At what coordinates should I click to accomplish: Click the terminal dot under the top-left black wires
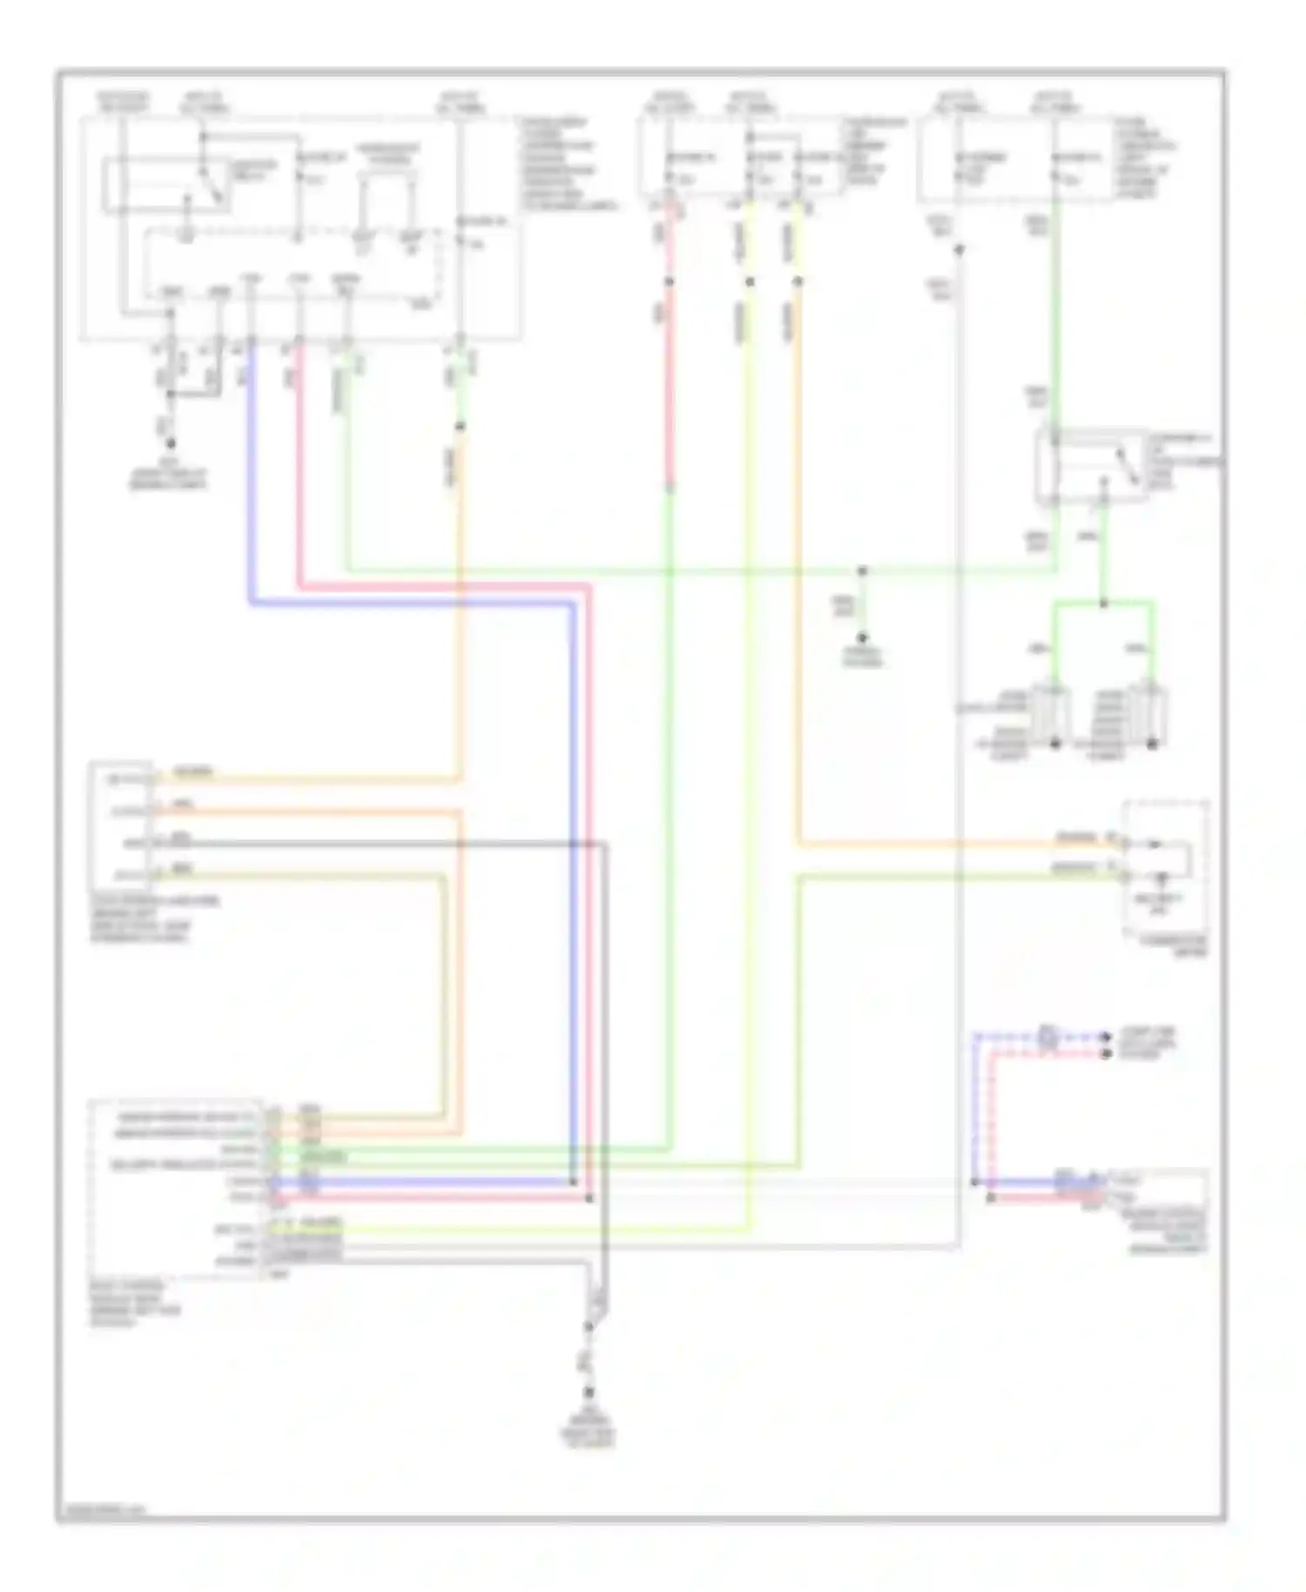pos(171,443)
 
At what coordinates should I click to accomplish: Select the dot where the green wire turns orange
pos(461,427)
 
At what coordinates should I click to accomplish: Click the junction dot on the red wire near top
pos(669,281)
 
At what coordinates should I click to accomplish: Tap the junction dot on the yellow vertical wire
pos(750,281)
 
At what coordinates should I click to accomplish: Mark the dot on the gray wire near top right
pos(959,251)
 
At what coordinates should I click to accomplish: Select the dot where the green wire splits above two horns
pos(1103,603)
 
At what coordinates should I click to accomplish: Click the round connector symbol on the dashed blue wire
pos(1048,1037)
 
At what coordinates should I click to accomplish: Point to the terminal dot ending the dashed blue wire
pos(1106,1036)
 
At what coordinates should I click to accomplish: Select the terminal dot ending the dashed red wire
pos(1106,1054)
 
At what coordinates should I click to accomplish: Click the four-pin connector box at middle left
pos(121,826)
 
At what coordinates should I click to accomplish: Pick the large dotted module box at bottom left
pos(174,1189)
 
